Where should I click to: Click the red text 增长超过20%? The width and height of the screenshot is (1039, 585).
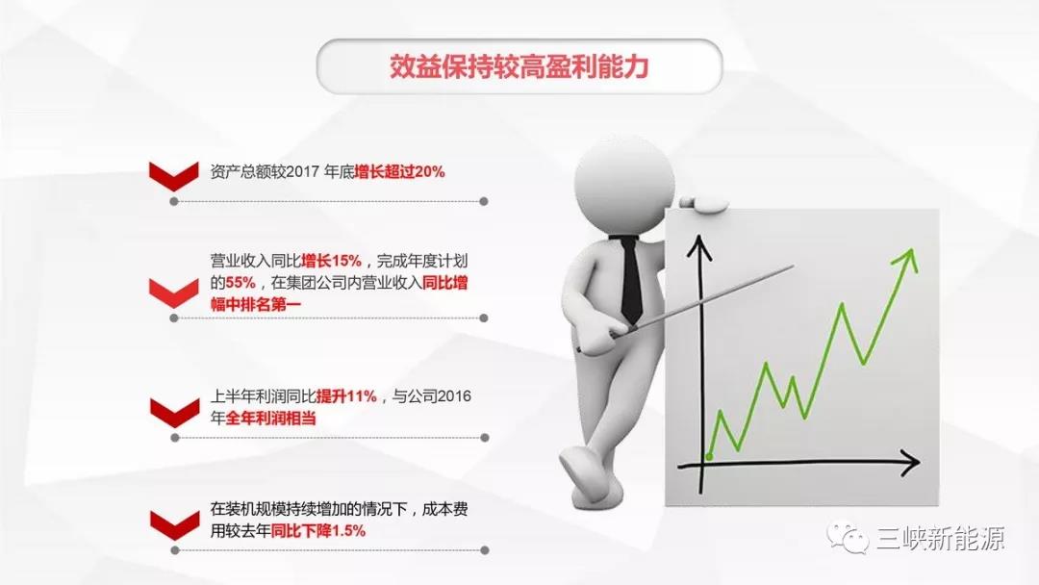tap(398, 172)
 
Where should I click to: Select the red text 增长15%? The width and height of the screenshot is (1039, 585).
tap(331, 261)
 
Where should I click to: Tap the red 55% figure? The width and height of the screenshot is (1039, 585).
tap(241, 283)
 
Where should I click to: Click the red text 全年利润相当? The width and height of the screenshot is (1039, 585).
tap(270, 420)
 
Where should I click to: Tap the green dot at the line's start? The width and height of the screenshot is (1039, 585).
tap(709, 455)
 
